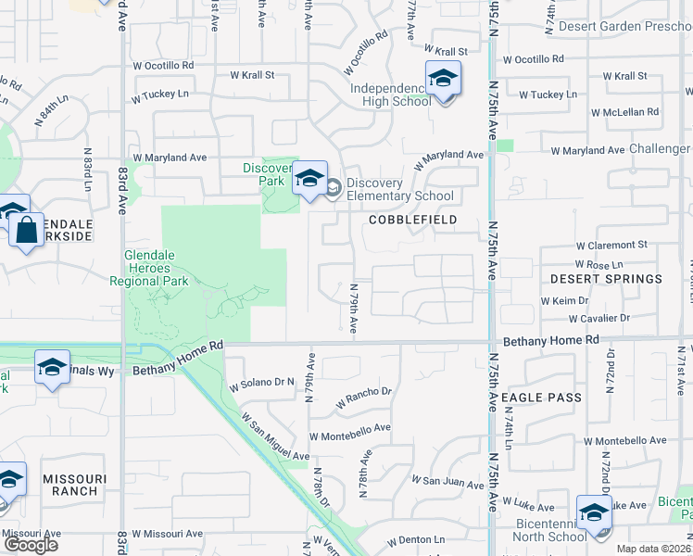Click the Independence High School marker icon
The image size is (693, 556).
click(x=443, y=80)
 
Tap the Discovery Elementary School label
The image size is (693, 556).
click(x=399, y=189)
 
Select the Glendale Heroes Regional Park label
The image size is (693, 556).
click(x=148, y=268)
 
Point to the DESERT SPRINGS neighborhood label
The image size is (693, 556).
click(x=606, y=278)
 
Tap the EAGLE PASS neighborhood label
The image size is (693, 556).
click(x=541, y=398)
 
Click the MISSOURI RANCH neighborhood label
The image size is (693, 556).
click(x=74, y=486)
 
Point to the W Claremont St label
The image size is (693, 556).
click(x=611, y=246)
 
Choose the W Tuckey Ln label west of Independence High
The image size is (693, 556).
click(x=159, y=95)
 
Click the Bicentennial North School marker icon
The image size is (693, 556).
click(x=594, y=514)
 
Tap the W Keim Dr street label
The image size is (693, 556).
click(x=564, y=301)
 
